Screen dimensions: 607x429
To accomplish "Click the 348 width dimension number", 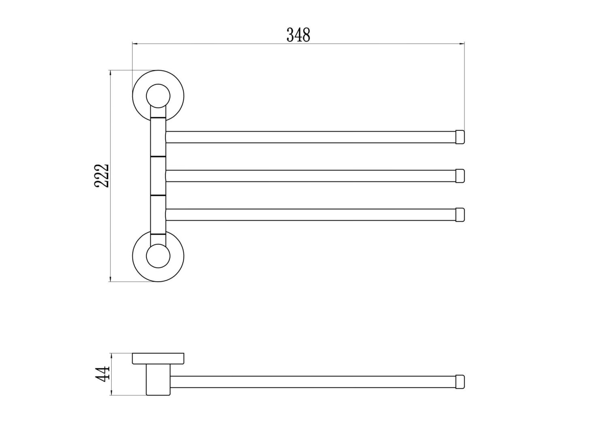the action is click(x=298, y=35).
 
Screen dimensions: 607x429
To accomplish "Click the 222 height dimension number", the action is click(x=102, y=176).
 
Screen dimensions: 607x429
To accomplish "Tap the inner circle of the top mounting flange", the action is click(x=158, y=85).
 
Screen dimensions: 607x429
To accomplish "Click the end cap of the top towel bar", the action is click(x=460, y=137).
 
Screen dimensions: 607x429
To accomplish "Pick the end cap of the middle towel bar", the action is click(x=460, y=176).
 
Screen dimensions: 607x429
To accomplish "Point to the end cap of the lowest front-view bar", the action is click(x=460, y=214).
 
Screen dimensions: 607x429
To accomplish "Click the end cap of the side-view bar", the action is click(x=460, y=382).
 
